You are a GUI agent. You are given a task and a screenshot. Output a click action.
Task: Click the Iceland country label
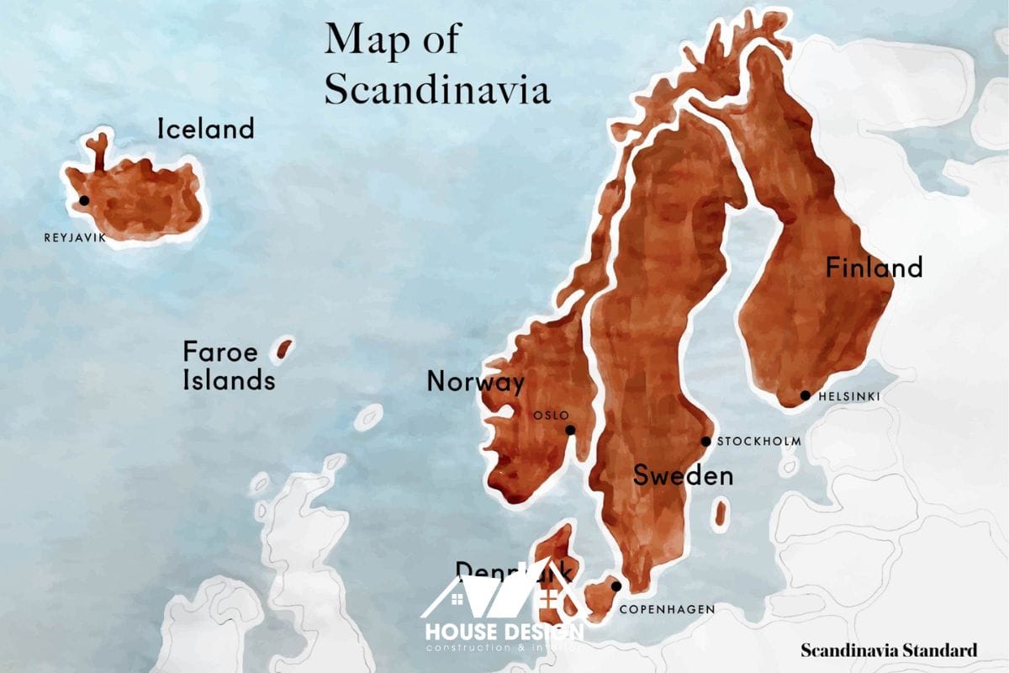click(205, 129)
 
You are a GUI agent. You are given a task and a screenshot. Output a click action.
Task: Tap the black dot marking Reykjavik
click(83, 200)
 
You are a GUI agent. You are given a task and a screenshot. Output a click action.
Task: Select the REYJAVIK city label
click(76, 238)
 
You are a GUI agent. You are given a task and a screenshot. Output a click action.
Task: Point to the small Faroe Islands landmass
click(284, 348)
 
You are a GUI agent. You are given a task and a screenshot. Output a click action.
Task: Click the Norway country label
click(475, 382)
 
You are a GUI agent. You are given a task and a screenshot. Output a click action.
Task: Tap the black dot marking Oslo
click(570, 430)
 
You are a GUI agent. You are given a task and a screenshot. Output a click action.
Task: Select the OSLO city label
click(552, 415)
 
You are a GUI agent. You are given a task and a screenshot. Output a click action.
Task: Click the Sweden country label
click(683, 476)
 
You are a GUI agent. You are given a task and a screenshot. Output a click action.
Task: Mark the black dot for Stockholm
click(706, 442)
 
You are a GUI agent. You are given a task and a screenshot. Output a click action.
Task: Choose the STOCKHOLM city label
click(758, 442)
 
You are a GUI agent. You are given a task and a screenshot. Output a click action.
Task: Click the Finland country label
click(874, 268)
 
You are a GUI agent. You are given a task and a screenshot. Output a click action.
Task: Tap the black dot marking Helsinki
click(805, 395)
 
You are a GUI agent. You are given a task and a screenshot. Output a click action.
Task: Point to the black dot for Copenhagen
click(616, 586)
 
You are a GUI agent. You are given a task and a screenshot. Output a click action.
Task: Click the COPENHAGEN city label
click(667, 609)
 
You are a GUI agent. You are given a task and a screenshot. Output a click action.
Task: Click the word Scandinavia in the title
click(437, 89)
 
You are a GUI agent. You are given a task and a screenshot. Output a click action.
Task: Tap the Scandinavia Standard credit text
click(889, 650)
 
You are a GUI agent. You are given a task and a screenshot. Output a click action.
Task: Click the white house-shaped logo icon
click(502, 593)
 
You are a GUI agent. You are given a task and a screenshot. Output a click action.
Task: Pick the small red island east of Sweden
click(721, 513)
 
